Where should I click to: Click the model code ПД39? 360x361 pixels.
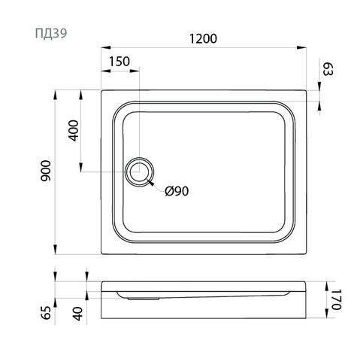[51, 33]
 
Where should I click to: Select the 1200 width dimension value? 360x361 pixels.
[203, 39]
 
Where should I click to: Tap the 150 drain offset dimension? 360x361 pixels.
[119, 62]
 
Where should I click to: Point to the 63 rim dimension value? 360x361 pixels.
[328, 69]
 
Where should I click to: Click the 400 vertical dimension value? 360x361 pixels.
[74, 131]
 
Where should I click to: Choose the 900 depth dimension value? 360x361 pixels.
[46, 171]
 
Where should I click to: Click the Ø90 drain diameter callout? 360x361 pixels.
[177, 191]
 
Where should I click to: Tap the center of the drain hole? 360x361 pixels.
[139, 171]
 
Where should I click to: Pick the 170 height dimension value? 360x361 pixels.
[336, 299]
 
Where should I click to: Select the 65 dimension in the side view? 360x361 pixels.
[46, 313]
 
